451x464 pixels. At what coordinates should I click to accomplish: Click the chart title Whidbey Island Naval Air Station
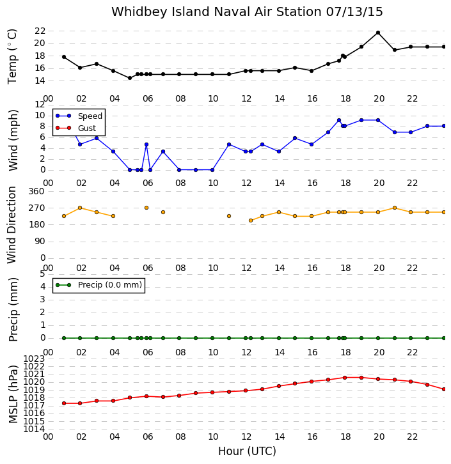coord(216,12)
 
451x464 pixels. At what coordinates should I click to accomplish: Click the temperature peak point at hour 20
coord(378,33)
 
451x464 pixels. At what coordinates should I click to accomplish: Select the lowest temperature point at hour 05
coord(130,78)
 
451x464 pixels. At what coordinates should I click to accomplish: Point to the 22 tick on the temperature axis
coord(40,31)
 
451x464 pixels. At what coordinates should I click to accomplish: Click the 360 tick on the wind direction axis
coord(36,192)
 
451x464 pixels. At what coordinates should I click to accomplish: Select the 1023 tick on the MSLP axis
coord(34,359)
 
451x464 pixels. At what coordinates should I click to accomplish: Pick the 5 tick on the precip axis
coord(42,274)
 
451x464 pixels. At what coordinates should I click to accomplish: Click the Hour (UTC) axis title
coord(247,451)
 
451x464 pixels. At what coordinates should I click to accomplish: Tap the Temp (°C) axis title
coord(12,56)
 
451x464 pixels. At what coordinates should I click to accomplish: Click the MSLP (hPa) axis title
coord(13,394)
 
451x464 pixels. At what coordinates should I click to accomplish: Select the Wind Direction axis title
coord(12,225)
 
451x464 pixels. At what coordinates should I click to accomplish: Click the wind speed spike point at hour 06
coord(146,144)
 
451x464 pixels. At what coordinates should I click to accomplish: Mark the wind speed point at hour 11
coord(229,144)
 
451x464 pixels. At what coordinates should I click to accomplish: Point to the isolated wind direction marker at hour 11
coord(229,216)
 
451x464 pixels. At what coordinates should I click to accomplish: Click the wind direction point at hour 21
coord(395,208)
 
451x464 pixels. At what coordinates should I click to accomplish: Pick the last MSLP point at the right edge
coord(444,389)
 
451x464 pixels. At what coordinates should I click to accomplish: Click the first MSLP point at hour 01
coord(64,403)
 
